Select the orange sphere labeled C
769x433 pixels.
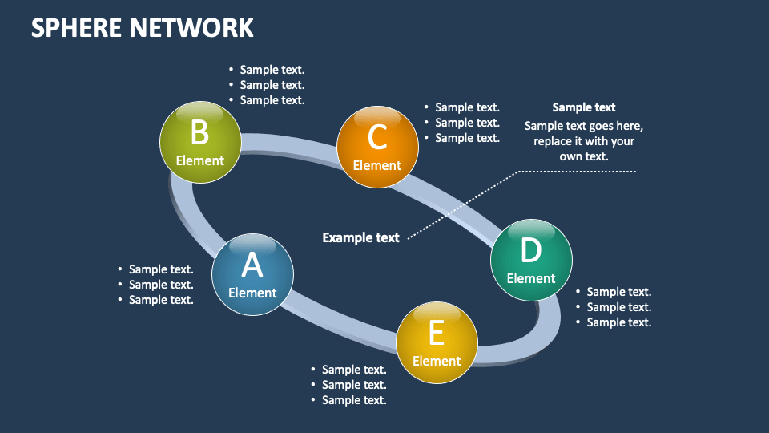[377, 148]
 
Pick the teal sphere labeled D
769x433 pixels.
[531, 261]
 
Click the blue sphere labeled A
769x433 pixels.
[252, 274]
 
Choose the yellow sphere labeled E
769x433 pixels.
[437, 342]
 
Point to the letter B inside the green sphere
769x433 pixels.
[199, 131]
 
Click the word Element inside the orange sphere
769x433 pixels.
[377, 165]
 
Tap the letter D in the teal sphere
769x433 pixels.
[531, 250]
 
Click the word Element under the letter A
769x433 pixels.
[252, 293]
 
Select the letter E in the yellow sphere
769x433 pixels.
[437, 332]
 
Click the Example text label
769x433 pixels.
[360, 237]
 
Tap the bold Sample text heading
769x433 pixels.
[584, 107]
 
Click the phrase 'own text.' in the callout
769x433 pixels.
[584, 156]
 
